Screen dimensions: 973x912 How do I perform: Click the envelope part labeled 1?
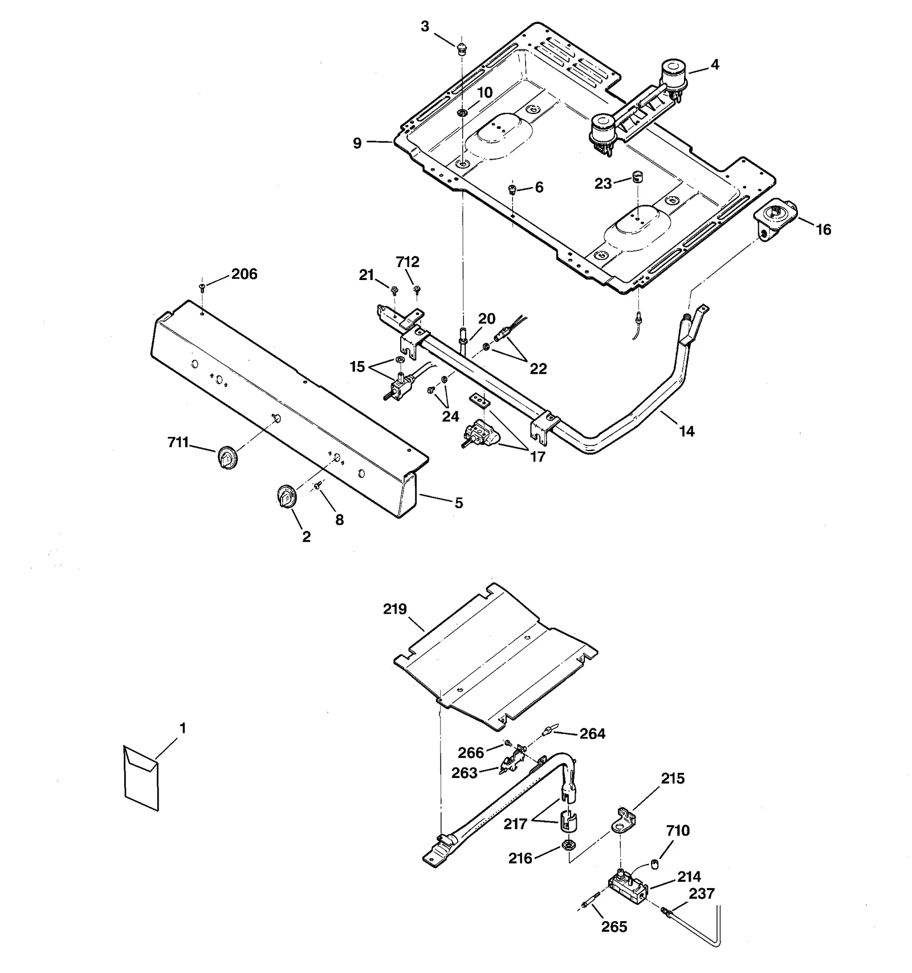(x=141, y=777)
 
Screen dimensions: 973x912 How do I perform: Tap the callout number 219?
(x=394, y=609)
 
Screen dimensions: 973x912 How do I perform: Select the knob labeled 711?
(x=227, y=458)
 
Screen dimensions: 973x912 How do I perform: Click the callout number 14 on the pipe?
(x=687, y=432)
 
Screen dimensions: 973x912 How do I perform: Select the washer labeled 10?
(x=462, y=112)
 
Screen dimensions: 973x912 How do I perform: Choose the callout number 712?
(x=408, y=262)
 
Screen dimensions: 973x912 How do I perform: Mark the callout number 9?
(x=357, y=143)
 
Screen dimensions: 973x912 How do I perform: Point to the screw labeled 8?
(x=319, y=485)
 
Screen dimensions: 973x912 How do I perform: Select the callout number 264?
(x=592, y=734)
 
